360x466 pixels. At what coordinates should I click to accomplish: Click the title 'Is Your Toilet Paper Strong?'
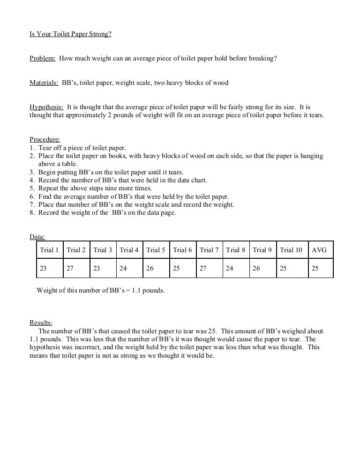(71, 34)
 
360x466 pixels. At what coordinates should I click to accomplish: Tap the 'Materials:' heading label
(44, 83)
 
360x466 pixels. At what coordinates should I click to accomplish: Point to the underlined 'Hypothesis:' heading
(46, 107)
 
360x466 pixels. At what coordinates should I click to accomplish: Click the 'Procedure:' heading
(45, 139)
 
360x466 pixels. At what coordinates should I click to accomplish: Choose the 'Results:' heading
(41, 323)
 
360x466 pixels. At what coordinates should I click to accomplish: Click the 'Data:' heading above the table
(37, 237)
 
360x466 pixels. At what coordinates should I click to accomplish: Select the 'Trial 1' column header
(49, 250)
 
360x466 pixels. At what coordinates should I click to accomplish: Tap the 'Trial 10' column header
(291, 250)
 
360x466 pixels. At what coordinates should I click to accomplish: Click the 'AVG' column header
(319, 250)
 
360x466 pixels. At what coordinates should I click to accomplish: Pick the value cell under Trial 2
(70, 269)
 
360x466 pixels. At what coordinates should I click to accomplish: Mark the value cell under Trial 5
(150, 269)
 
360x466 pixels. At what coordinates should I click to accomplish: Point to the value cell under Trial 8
(230, 269)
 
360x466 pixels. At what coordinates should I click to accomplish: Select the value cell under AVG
(315, 269)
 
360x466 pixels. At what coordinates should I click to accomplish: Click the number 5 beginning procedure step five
(32, 188)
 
